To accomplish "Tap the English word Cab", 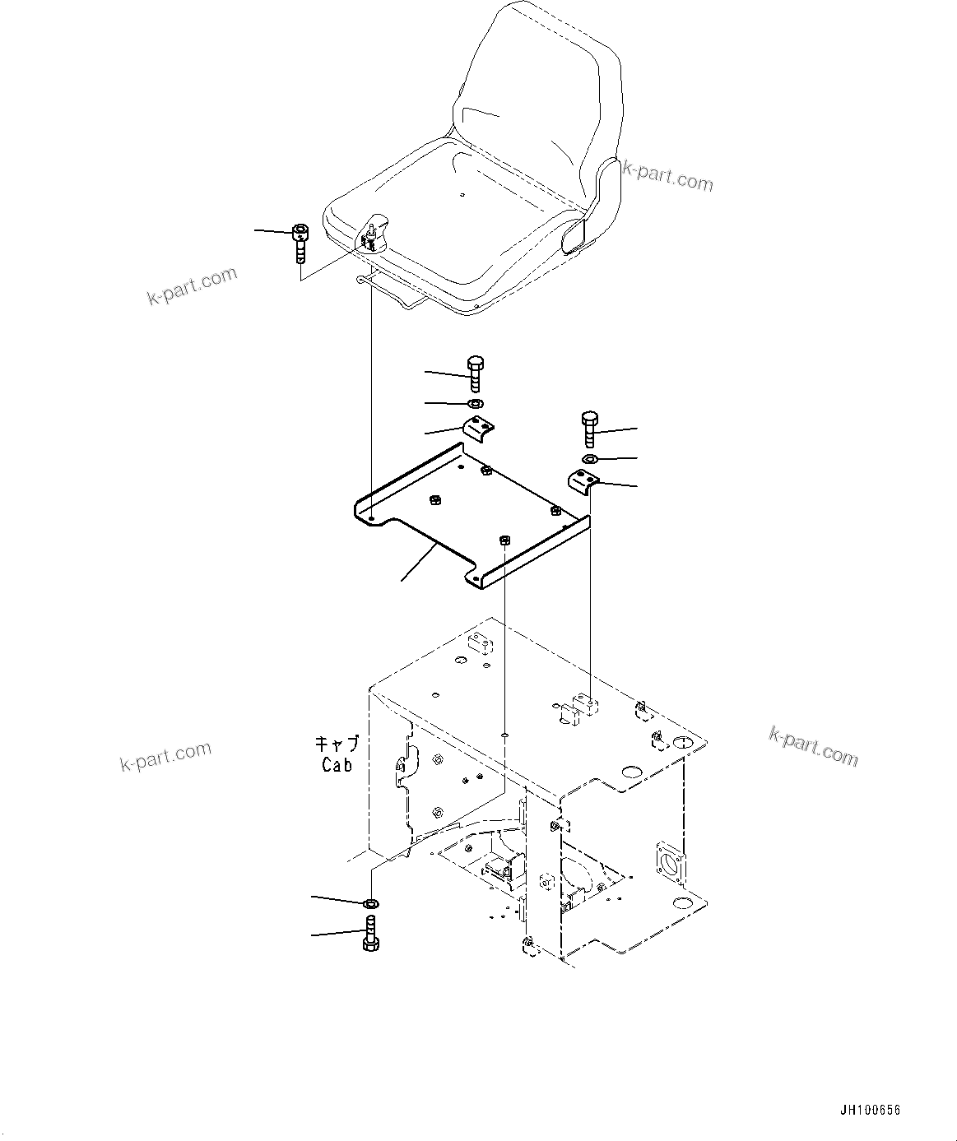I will tap(337, 764).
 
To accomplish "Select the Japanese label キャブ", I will tap(337, 744).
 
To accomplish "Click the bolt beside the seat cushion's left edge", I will tap(300, 243).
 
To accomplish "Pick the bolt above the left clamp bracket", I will tap(476, 373).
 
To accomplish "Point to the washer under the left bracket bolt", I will tap(475, 403).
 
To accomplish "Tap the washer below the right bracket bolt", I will tap(589, 458).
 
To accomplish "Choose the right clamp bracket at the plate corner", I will tap(583, 480).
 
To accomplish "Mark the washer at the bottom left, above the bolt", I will tap(370, 904).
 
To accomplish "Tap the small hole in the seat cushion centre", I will tap(462, 195).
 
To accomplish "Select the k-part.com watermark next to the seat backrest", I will tap(667, 174).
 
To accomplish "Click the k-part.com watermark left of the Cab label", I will tap(165, 756).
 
